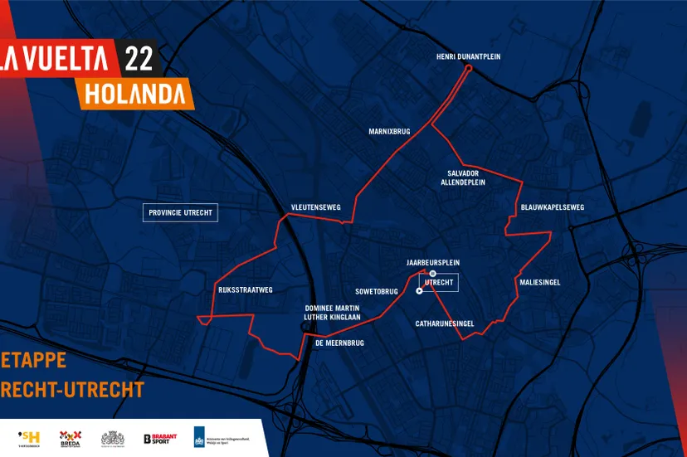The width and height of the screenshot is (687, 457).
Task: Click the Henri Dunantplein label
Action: tap(468, 56)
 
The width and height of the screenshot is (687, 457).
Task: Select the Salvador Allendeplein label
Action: tap(463, 177)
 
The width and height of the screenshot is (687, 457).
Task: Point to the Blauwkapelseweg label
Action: tap(553, 207)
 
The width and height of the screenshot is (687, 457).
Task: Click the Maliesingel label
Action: tap(540, 282)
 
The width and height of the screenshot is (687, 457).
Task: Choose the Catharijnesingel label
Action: tap(445, 323)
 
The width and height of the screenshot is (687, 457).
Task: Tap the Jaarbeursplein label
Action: tap(432, 262)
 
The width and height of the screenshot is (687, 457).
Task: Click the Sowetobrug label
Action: tap(377, 291)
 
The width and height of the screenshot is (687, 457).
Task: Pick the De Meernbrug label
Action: tap(339, 343)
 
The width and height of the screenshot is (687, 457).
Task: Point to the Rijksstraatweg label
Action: tap(245, 289)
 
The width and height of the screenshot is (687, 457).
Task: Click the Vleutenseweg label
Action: tap(315, 207)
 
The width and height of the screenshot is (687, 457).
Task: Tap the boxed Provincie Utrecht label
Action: tap(180, 212)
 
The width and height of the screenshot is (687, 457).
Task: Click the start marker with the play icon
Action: tap(419, 291)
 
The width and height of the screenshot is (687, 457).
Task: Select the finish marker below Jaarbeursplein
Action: tap(432, 273)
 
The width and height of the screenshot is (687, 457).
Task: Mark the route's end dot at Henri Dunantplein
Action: tap(468, 69)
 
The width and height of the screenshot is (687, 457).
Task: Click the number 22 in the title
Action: tap(138, 59)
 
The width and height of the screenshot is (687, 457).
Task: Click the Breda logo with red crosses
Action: tap(70, 438)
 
